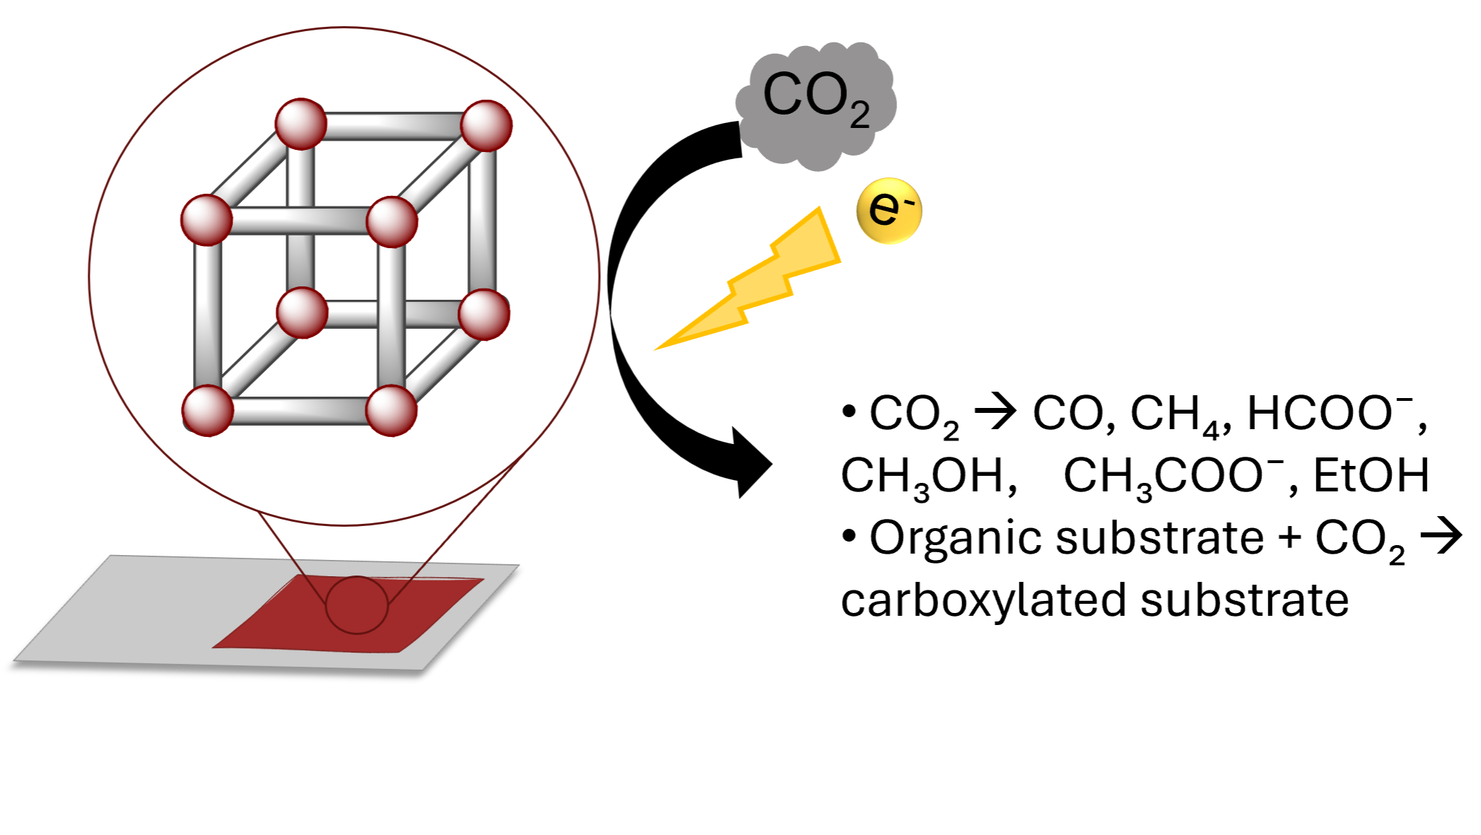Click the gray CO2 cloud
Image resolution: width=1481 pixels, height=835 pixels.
(x=816, y=106)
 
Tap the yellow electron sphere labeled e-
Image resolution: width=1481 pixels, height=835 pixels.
(x=889, y=211)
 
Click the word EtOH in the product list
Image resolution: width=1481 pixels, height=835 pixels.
(x=1371, y=475)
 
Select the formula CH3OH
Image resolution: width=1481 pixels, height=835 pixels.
(x=928, y=477)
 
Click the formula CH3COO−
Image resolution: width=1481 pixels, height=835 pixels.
(x=1173, y=477)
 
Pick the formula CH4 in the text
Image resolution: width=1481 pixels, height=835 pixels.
(x=1176, y=416)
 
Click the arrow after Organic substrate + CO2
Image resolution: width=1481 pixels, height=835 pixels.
(x=1441, y=537)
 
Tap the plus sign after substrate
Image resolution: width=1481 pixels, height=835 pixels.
(x=1290, y=537)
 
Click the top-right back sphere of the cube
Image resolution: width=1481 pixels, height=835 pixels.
(x=486, y=126)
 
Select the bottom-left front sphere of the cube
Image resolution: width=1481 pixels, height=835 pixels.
(x=208, y=410)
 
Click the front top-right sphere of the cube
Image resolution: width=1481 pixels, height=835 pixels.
(x=392, y=221)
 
